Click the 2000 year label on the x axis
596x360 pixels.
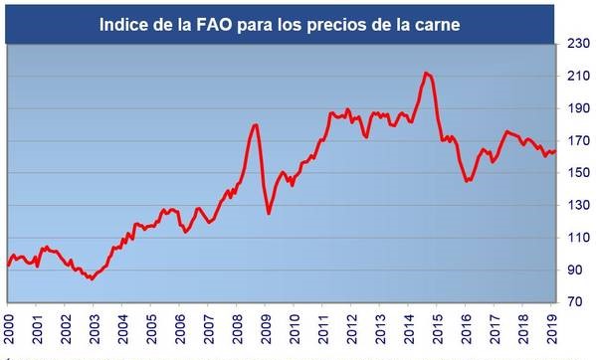pyautogui.click(x=9, y=327)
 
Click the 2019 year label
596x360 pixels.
pyautogui.click(x=554, y=327)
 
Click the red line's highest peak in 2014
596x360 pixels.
pyautogui.click(x=426, y=73)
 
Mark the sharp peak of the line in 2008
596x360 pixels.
pyautogui.click(x=256, y=124)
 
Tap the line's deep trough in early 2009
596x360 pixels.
pyautogui.click(x=269, y=213)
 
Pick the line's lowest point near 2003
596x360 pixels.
pyautogui.click(x=91, y=279)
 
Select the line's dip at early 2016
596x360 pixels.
pyautogui.click(x=467, y=181)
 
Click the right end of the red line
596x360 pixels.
pyautogui.click(x=554, y=151)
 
